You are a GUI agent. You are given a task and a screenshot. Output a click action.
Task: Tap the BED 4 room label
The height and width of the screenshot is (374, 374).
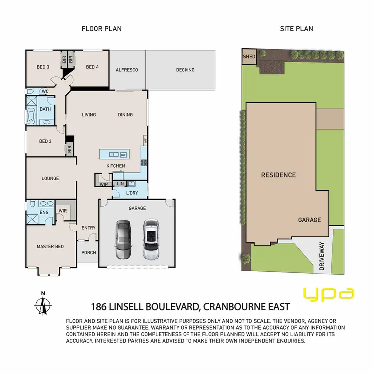point(93,67)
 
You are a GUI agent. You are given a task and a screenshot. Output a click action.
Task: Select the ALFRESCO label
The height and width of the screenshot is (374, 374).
point(127,70)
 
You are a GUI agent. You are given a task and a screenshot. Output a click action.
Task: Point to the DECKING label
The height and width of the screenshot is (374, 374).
point(185,70)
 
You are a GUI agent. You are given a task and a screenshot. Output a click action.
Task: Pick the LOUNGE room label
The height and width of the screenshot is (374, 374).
point(50,178)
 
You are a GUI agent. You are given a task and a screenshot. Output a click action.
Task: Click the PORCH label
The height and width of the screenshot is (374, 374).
point(89,252)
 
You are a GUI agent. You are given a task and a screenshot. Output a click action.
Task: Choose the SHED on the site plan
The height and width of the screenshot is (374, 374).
point(249,57)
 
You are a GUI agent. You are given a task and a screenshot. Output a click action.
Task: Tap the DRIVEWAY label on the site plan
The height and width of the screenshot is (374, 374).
point(322,256)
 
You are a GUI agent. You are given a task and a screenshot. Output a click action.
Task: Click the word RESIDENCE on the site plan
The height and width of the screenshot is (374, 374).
point(278,175)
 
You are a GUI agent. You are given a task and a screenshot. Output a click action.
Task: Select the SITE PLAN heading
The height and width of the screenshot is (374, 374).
point(296,29)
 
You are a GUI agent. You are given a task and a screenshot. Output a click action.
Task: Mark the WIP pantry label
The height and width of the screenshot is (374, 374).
point(104,184)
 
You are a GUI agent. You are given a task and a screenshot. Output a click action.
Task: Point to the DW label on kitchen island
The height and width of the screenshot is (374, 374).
point(123,155)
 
